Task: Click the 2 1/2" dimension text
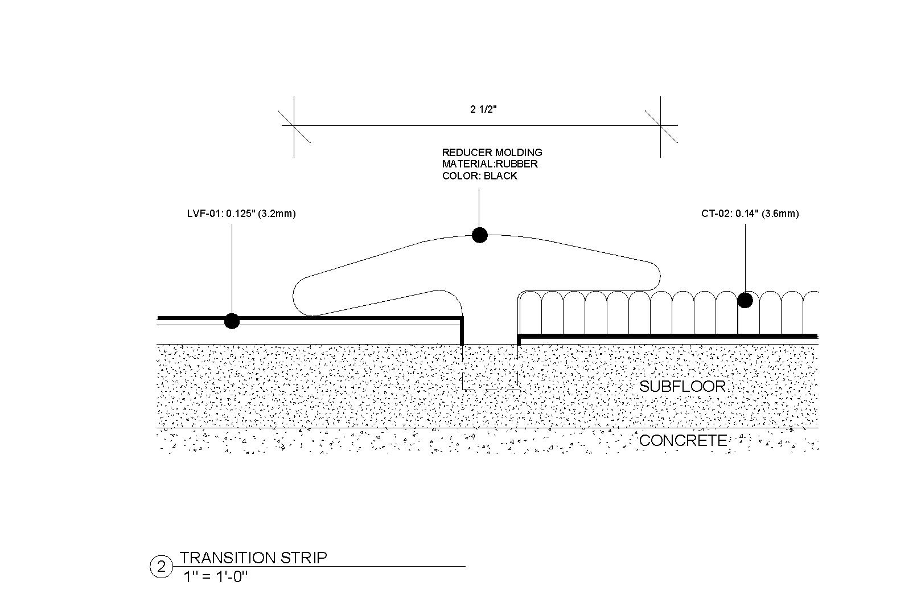click(483, 109)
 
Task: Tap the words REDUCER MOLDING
click(492, 152)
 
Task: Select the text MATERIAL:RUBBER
click(490, 164)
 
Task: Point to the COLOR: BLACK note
click(479, 176)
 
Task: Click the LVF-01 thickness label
click(241, 214)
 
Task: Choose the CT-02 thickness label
click(750, 214)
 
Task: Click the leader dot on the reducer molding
click(480, 235)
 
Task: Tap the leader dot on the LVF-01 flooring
click(232, 321)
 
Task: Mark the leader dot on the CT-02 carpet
click(745, 300)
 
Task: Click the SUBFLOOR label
click(682, 386)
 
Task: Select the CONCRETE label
click(683, 440)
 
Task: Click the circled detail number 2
click(161, 567)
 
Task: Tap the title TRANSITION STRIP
click(253, 558)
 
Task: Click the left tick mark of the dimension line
click(294, 126)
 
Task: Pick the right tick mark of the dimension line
click(660, 126)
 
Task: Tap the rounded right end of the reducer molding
click(657, 277)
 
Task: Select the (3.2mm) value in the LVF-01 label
click(277, 214)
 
